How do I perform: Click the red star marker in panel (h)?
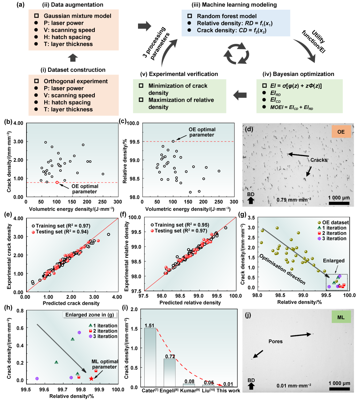[91, 379]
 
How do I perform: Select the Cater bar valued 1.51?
[150, 357]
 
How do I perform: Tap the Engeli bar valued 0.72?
[170, 373]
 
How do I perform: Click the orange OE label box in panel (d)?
[341, 132]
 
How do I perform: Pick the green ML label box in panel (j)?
[341, 317]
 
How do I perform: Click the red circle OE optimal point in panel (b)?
[57, 182]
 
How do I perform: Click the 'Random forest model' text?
[227, 16]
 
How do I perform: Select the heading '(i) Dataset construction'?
[73, 70]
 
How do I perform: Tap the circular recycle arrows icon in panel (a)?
[236, 54]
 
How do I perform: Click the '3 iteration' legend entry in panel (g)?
[332, 239]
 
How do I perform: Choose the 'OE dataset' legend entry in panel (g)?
[333, 222]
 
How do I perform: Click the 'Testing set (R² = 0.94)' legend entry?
[60, 232]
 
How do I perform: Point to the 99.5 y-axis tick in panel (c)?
[134, 141]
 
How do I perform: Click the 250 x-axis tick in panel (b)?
[102, 202]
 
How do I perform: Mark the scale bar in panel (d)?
[339, 203]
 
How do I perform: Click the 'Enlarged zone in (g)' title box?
[90, 315]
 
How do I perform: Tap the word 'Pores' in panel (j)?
[276, 341]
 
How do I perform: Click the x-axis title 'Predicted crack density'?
[71, 303]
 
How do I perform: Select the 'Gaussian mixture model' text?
[78, 16]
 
